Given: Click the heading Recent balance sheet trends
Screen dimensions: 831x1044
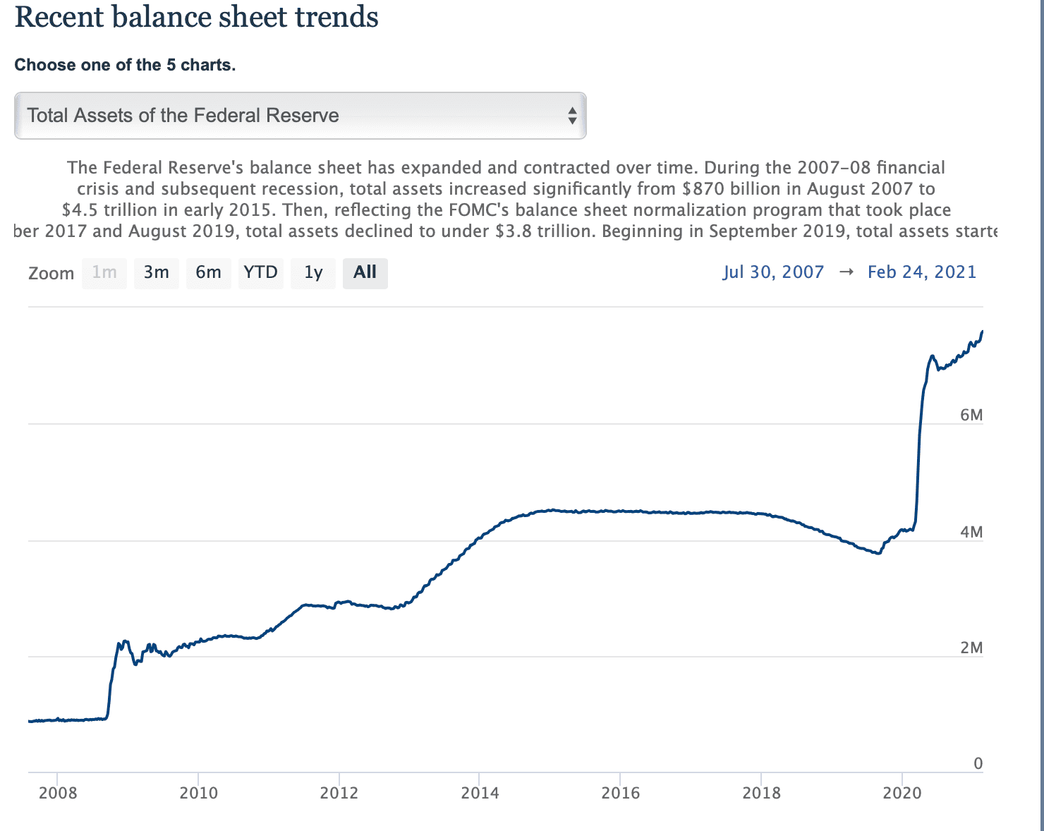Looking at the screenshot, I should click(x=197, y=17).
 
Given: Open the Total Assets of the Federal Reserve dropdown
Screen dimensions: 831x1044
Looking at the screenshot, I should click(x=300, y=116).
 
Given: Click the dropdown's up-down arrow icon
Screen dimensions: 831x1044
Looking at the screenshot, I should click(x=572, y=116).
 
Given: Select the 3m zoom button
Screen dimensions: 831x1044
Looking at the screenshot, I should click(x=157, y=272).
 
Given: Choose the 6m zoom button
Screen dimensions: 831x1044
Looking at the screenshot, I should click(x=208, y=272).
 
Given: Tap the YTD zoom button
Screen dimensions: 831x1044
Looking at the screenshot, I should click(x=261, y=272).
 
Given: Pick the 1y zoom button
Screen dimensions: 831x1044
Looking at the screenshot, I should click(x=313, y=272).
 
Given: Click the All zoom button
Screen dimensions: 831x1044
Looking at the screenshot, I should click(x=365, y=272).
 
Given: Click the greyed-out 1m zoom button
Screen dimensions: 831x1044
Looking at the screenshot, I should click(x=104, y=272).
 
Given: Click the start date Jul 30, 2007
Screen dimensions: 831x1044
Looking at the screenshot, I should click(x=773, y=272).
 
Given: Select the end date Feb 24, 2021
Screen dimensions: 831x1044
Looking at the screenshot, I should click(x=921, y=272).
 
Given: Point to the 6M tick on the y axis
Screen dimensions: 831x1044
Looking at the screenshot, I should click(x=971, y=415).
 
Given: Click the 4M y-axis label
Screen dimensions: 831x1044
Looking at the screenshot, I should click(x=971, y=532).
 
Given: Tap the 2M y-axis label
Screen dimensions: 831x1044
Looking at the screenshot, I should click(x=971, y=648).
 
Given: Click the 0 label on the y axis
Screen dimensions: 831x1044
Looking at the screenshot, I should click(x=978, y=763).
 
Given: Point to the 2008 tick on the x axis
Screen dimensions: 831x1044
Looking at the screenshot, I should click(x=58, y=793).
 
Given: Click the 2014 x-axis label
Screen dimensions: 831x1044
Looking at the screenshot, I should click(x=480, y=793).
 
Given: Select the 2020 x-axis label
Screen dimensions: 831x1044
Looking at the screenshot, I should click(x=902, y=793).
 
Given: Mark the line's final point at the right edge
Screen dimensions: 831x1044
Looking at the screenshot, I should click(x=982, y=332).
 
